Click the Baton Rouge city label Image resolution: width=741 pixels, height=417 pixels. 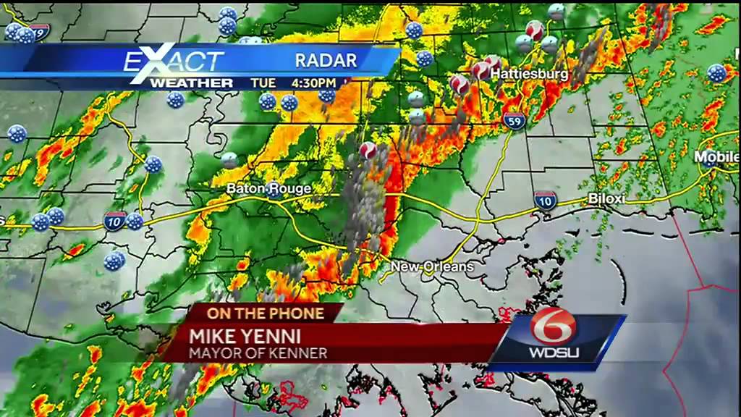pyautogui.click(x=269, y=189)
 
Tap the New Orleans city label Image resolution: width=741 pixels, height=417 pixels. pyautogui.click(x=432, y=267)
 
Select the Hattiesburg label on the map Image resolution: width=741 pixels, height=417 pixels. pyautogui.click(x=529, y=74)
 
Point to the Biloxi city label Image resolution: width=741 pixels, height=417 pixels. pyautogui.click(x=606, y=198)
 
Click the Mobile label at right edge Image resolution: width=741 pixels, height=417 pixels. pyautogui.click(x=716, y=157)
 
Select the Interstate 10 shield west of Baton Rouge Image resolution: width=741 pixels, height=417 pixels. pyautogui.click(x=114, y=221)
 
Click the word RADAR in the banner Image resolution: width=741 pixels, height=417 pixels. pyautogui.click(x=326, y=61)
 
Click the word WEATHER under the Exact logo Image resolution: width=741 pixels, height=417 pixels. pyautogui.click(x=191, y=83)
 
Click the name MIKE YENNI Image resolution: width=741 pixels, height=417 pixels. pyautogui.click(x=245, y=336)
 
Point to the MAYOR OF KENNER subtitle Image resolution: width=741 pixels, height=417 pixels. pyautogui.click(x=258, y=353)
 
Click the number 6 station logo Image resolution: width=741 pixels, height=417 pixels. pyautogui.click(x=554, y=327)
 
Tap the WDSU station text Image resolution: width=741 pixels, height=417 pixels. pyautogui.click(x=554, y=353)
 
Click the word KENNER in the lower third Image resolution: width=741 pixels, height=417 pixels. pyautogui.click(x=302, y=353)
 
